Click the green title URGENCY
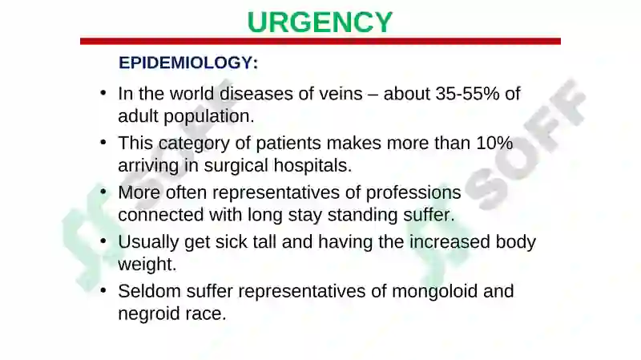click(x=320, y=22)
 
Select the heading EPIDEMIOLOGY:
click(x=188, y=63)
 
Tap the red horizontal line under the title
click(x=320, y=42)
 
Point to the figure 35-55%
click(x=467, y=94)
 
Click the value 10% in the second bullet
click(x=494, y=144)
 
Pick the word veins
click(x=341, y=94)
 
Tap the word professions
click(x=413, y=193)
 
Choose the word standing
click(x=359, y=215)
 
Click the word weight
click(x=147, y=265)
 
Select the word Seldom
click(x=149, y=291)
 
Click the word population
click(x=209, y=117)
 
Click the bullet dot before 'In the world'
click(x=103, y=93)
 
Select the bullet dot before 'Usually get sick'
click(x=103, y=241)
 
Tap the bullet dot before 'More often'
click(x=103, y=192)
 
